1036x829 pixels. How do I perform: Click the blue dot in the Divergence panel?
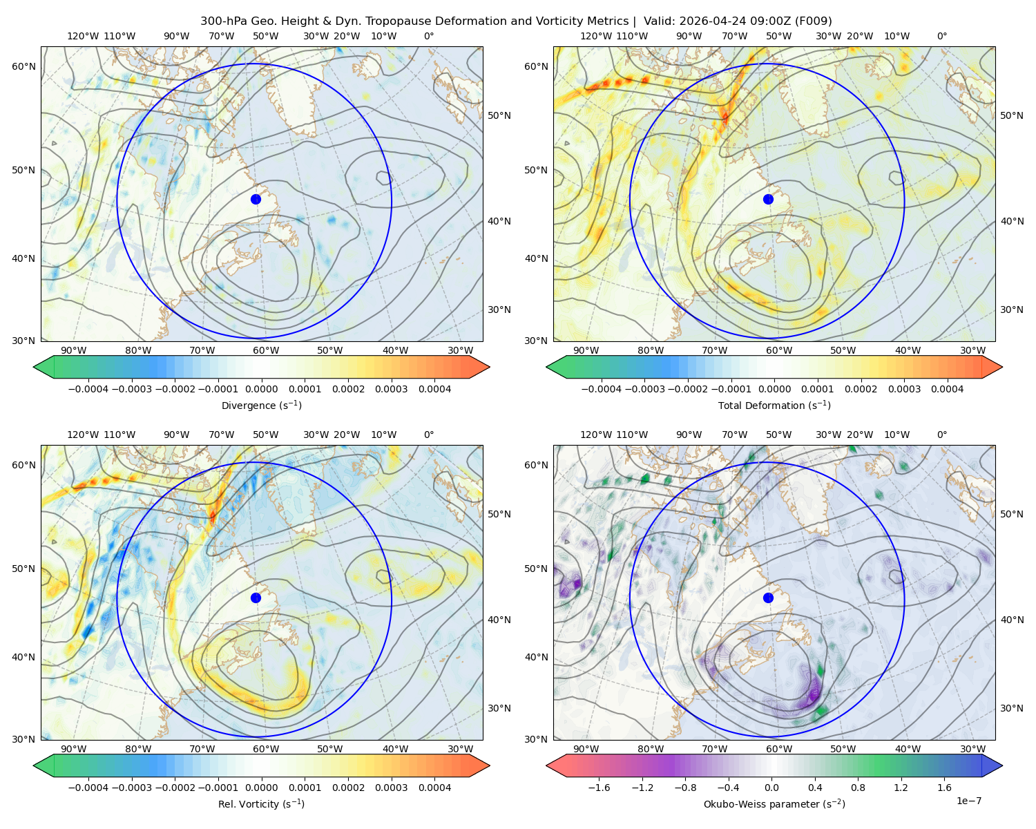[256, 199]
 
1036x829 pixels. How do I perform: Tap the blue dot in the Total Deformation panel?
[768, 199]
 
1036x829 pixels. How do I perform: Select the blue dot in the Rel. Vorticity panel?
[256, 598]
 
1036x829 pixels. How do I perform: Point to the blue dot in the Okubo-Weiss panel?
[768, 598]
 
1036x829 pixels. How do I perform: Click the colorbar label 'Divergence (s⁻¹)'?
[261, 405]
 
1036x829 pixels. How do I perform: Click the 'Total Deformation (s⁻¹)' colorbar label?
[774, 405]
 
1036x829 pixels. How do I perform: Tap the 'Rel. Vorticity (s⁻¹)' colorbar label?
[261, 804]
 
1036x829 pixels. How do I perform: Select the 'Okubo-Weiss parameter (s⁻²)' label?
[774, 804]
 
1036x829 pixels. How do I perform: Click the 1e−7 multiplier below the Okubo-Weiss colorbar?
[968, 801]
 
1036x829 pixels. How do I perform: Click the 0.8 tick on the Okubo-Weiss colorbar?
[858, 788]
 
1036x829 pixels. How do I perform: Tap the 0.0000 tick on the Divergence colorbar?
[261, 389]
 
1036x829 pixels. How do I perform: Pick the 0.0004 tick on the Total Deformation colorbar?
[947, 389]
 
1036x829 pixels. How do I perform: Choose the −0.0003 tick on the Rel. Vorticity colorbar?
[131, 788]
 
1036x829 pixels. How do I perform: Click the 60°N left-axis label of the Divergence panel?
[23, 66]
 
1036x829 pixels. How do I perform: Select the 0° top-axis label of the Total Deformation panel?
[942, 36]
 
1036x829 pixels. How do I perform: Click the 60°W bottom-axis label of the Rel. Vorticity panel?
[266, 749]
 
